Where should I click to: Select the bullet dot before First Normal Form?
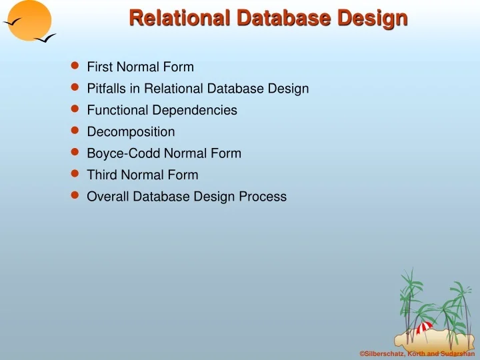(x=75, y=65)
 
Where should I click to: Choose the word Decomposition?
(x=131, y=132)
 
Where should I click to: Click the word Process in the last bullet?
(x=264, y=197)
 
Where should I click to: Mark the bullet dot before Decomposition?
(x=75, y=131)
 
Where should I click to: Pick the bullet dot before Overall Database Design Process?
(x=75, y=195)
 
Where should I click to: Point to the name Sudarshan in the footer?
(x=457, y=353)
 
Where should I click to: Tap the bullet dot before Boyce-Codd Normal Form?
(x=75, y=152)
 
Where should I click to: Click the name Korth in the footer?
(x=418, y=353)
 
